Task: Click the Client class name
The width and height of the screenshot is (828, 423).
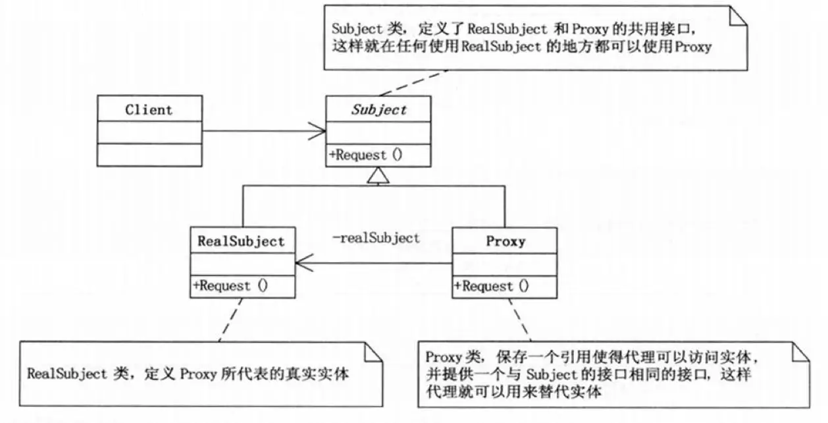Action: [x=149, y=109]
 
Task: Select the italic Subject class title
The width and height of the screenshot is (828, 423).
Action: [x=378, y=109]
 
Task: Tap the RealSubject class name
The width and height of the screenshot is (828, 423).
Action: [x=242, y=241]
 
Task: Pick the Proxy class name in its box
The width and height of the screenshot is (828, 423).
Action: [x=505, y=241]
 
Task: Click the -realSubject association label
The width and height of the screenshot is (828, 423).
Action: [x=376, y=239]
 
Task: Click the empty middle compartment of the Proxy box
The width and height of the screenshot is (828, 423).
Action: [x=505, y=265]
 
